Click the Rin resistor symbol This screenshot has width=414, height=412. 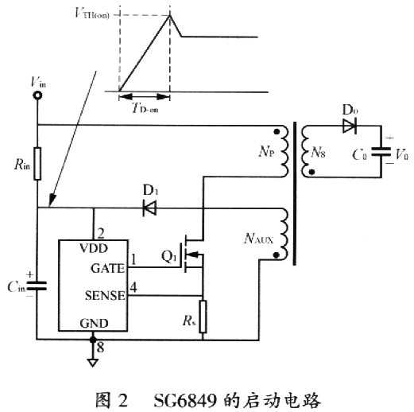point(37,164)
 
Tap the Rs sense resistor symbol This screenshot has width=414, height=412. point(203,317)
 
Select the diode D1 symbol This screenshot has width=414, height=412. point(149,208)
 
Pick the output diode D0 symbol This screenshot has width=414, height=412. point(350,126)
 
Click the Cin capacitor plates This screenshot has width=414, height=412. point(37,286)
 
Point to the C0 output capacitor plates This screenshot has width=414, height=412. point(381,153)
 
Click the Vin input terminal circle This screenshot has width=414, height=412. point(37,95)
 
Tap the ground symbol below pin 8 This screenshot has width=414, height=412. point(93,363)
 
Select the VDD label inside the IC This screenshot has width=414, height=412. point(94,248)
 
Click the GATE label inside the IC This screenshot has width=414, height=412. point(107,268)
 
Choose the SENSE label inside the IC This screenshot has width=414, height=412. point(105,295)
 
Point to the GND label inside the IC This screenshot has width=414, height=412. point(94,323)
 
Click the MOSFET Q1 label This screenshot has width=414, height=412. point(168,256)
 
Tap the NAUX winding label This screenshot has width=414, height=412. point(258,239)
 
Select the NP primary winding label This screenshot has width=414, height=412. point(266,151)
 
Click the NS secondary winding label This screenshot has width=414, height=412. point(318,153)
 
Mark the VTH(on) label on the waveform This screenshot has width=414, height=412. point(92,14)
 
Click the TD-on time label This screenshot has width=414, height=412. point(145,108)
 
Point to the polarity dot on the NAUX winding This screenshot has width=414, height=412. point(277,255)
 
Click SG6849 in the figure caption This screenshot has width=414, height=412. point(185,400)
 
